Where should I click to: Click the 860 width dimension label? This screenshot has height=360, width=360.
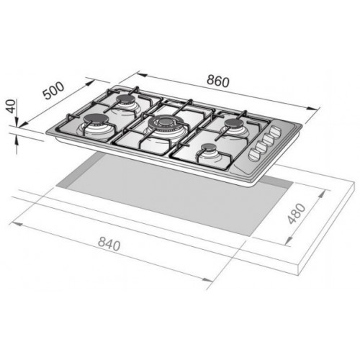click(x=218, y=81)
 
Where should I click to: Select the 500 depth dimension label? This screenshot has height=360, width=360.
click(x=54, y=91)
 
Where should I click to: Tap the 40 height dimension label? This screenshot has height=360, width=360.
click(x=11, y=107)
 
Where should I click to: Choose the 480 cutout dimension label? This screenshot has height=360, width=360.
click(x=297, y=214)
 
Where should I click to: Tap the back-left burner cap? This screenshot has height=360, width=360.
click(x=126, y=98)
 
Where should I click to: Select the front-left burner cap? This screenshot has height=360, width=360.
click(x=96, y=118)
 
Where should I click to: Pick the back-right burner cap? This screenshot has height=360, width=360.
click(x=235, y=123)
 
